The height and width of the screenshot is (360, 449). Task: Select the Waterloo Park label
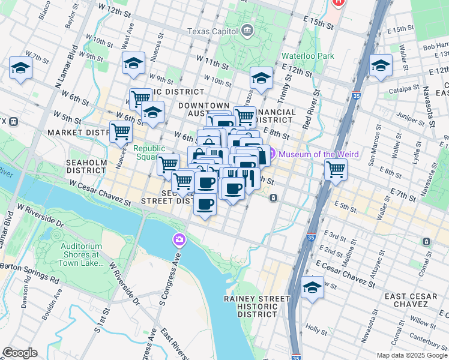(x=308, y=56)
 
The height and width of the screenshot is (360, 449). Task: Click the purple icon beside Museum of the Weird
(x=271, y=154)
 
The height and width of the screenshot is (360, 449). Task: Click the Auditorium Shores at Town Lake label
(x=82, y=254)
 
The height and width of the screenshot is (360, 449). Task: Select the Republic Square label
(x=149, y=153)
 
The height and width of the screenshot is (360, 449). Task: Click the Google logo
(x=19, y=353)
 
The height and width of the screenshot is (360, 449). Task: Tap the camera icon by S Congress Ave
(x=179, y=240)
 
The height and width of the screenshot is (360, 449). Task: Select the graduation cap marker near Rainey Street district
(x=312, y=287)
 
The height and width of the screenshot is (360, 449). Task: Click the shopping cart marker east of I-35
(x=336, y=169)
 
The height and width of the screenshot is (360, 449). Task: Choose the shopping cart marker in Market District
(x=121, y=131)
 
